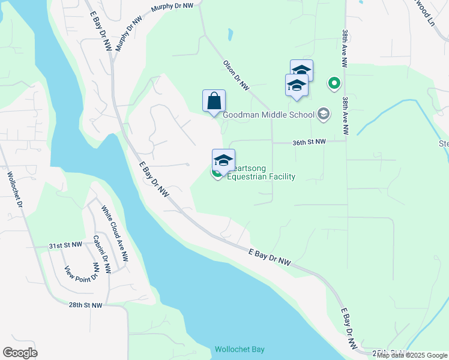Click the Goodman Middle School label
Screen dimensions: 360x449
pos(268,115)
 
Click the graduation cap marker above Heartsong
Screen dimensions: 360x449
pos(223,161)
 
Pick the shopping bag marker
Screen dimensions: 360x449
pos(214,101)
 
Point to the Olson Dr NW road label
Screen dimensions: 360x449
pos(236,75)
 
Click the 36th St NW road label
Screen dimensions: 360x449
pos(309,142)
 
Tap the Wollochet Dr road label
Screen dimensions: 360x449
pos(15,191)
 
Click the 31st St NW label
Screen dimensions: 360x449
pos(65,245)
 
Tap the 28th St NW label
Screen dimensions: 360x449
pos(85,305)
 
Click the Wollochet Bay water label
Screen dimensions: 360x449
pos(240,349)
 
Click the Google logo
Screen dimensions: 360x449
pos(20,353)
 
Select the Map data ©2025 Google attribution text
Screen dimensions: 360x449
pos(412,355)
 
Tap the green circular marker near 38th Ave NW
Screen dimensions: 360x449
pos(334,83)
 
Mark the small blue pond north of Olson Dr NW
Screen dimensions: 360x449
pos(230,35)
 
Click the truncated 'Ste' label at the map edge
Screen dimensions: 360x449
pos(443,143)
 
